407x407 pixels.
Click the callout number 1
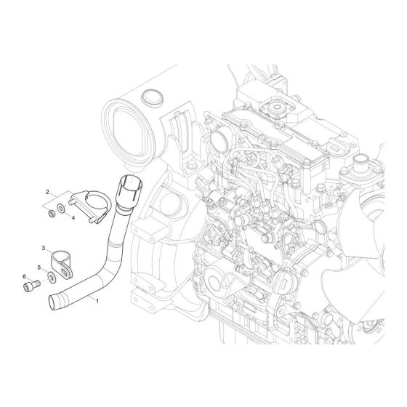point(97,299)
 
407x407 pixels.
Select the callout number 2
point(47,193)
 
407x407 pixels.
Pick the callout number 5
point(39,267)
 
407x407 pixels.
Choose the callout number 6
point(25,277)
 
